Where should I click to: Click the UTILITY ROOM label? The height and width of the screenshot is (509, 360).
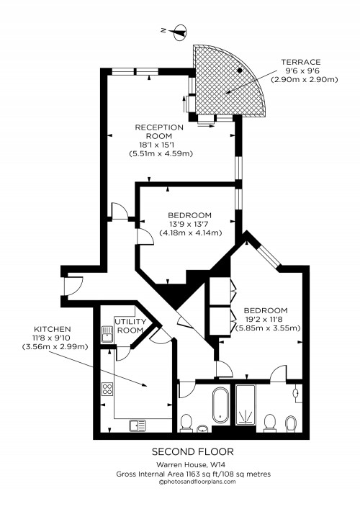coord(131,325)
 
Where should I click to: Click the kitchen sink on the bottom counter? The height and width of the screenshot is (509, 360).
coord(138,425)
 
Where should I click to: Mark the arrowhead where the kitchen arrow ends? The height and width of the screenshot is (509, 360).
coord(147,387)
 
